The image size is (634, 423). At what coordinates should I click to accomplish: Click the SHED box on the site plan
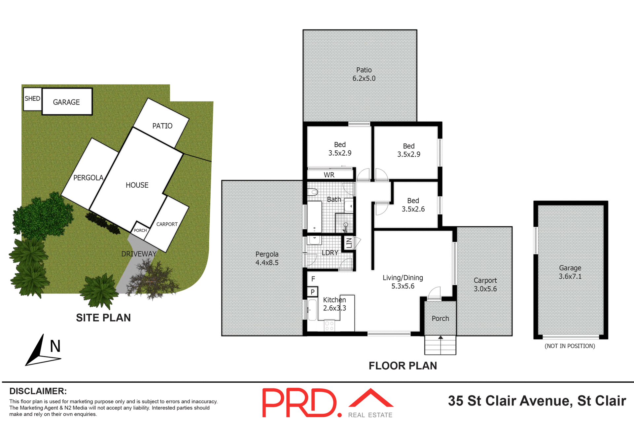tap(32, 99)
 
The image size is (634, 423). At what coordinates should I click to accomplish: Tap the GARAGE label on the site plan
tap(66, 102)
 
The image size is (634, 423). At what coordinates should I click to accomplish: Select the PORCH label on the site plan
tap(140, 230)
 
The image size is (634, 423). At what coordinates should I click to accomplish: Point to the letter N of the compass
tap(55, 346)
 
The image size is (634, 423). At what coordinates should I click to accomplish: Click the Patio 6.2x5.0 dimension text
tap(364, 78)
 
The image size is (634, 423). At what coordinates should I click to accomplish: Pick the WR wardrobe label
tap(329, 175)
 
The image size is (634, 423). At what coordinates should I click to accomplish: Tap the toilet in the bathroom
tap(313, 192)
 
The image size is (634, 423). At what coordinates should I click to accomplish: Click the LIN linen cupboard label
tap(349, 243)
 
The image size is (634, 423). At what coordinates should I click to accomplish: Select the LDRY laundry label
tap(330, 253)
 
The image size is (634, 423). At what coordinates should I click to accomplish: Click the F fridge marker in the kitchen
tap(313, 279)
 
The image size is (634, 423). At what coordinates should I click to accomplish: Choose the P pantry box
tap(312, 292)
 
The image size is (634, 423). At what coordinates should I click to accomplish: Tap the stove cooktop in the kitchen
tap(329, 326)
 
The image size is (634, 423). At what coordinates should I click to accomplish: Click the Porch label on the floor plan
tap(440, 319)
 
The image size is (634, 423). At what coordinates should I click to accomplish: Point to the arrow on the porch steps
tap(440, 338)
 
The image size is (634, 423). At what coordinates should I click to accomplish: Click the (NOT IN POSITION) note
tap(570, 346)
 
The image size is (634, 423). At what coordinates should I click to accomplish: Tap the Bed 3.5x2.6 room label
tap(413, 205)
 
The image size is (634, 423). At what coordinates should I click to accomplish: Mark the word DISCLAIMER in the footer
tap(38, 391)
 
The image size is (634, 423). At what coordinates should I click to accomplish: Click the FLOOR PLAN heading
tap(403, 366)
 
